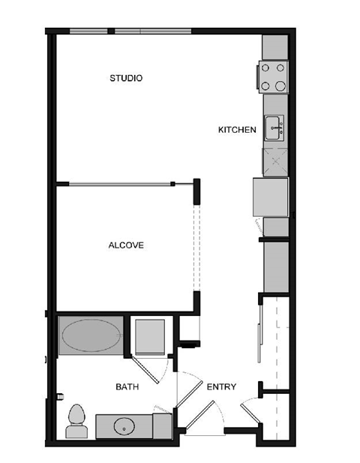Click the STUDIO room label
[126, 78]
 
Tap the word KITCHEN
[237, 130]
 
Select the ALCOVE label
[125, 245]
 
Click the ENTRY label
[221, 387]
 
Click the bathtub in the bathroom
[90, 335]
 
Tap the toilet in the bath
[76, 421]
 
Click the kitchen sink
[274, 128]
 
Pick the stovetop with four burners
[274, 76]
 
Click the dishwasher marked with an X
[274, 160]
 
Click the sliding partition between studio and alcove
[120, 184]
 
